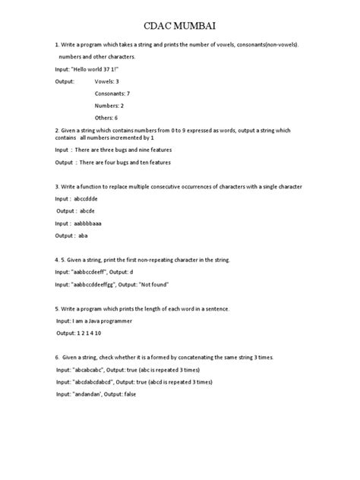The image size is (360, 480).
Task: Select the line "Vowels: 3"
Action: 106,81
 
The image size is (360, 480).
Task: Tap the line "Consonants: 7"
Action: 112,93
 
